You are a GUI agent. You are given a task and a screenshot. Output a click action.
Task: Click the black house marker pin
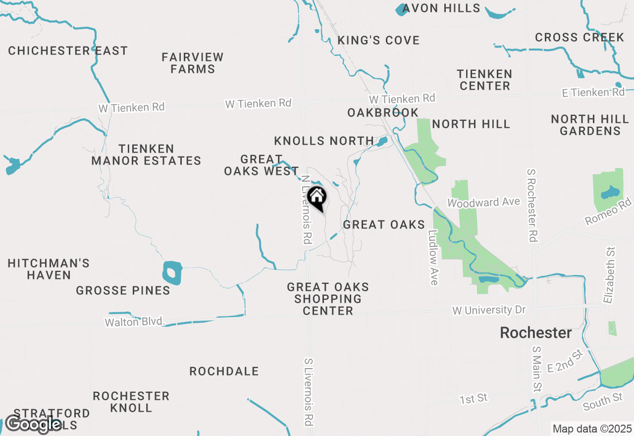coord(317,197)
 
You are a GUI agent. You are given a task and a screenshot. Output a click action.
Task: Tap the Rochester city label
coord(535,333)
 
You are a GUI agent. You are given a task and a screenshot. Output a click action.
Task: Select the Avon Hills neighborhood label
coord(441,8)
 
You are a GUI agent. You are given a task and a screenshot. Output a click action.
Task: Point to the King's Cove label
coord(378,40)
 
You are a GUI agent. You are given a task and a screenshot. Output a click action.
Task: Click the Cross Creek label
coord(580,38)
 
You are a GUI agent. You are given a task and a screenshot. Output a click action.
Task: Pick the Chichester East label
coord(68,51)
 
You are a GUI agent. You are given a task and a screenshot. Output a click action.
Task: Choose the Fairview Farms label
coord(193,63)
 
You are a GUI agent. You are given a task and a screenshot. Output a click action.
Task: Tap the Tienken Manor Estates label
coord(146,155)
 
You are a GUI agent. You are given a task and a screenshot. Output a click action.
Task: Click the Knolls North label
coord(324,141)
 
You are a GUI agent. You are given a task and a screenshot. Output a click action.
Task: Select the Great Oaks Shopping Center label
coord(328,299)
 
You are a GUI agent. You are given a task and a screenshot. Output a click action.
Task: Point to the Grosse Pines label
coord(123,291)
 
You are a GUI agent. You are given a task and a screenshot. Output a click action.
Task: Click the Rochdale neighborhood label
coord(224,372)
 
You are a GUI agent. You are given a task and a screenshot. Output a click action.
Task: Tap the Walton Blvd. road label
coord(134,322)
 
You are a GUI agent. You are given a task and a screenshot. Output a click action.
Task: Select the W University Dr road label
coord(489,310)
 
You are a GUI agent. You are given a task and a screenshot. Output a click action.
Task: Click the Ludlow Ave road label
coord(434,258)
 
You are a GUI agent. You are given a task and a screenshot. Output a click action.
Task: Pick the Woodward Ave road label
coord(483,202)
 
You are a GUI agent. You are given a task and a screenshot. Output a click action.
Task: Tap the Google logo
coord(33,424)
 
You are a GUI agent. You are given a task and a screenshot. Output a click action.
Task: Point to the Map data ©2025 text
coord(592,429)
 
